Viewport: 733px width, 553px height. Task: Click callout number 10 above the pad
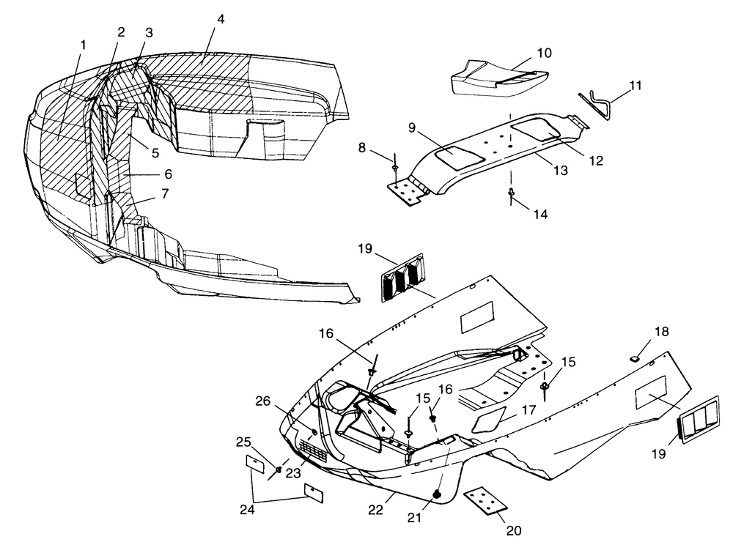click(x=544, y=53)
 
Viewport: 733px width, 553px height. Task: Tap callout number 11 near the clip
click(x=635, y=85)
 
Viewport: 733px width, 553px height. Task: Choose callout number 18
click(x=661, y=332)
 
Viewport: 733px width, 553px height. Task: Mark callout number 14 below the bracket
click(x=541, y=215)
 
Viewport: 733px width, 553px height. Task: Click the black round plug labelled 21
click(x=438, y=494)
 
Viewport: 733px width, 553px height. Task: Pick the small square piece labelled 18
click(x=636, y=358)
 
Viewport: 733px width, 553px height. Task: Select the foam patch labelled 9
click(x=456, y=156)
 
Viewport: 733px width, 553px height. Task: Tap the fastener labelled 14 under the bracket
click(x=512, y=196)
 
